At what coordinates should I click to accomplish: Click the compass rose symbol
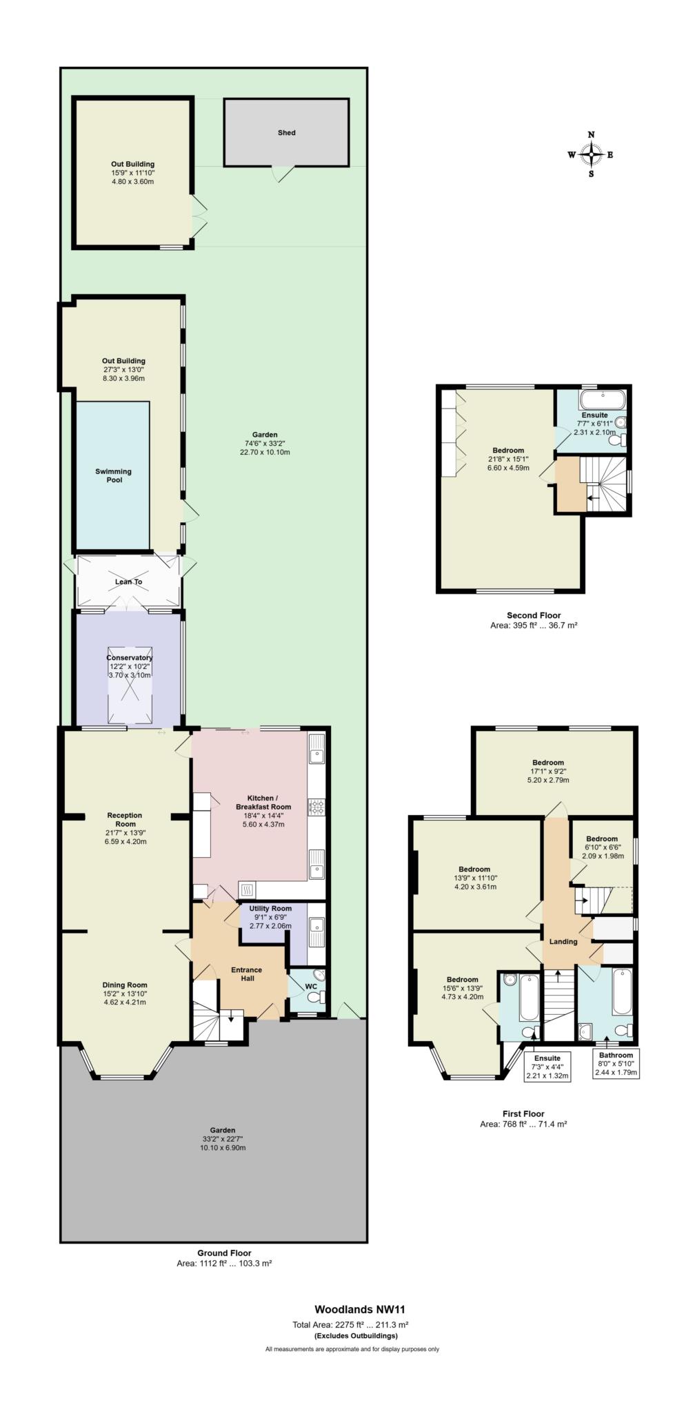point(591,155)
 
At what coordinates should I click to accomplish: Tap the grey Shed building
point(286,132)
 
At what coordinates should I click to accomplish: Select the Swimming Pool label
point(114,475)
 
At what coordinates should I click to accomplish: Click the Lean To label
point(128,581)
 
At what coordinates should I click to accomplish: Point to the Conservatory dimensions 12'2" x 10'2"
point(130,666)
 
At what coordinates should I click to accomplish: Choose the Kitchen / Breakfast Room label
point(263,803)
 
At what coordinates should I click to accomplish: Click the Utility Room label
point(270,908)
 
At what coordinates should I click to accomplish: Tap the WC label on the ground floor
point(311,986)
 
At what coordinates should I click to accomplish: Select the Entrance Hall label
point(247,974)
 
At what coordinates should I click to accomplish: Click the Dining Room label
point(125,985)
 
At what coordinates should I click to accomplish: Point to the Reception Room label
point(125,819)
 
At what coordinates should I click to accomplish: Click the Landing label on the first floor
point(563,941)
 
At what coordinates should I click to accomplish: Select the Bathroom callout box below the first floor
point(616,1064)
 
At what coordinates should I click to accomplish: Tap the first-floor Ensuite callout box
point(547,1067)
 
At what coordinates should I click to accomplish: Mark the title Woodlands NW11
point(354,1309)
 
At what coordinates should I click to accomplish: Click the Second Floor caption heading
point(534,615)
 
